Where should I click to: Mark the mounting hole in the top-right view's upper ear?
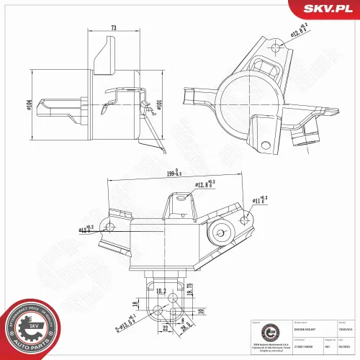coord(276,48)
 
